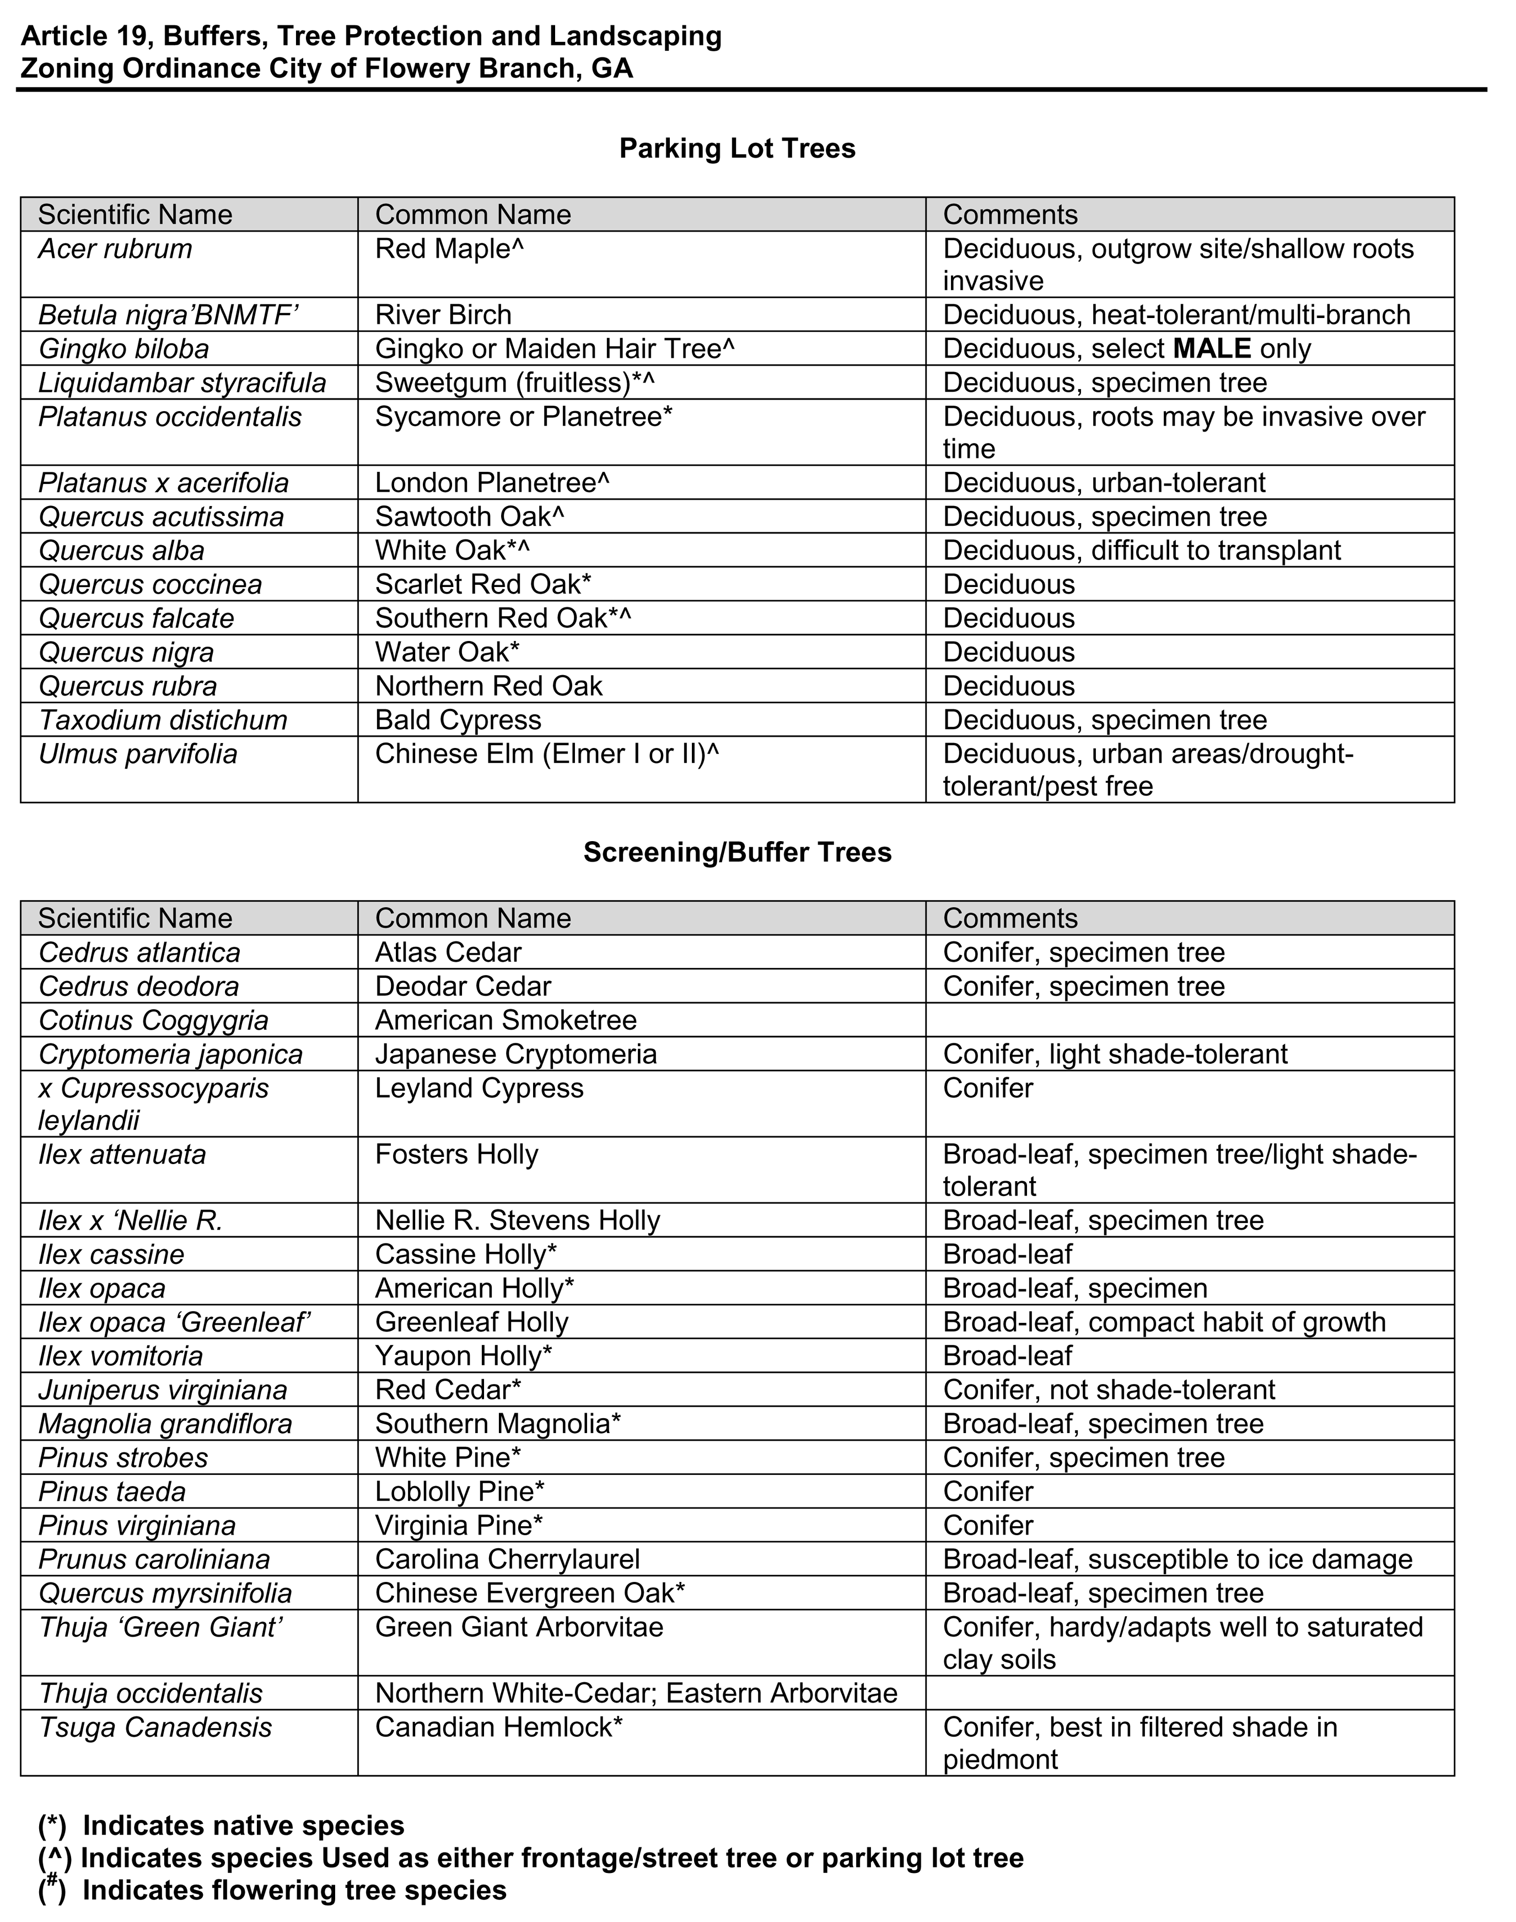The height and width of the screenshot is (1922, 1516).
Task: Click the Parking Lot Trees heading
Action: tap(737, 148)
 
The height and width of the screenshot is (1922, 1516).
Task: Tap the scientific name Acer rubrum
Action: tap(115, 249)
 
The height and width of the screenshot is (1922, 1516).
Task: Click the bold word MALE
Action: tap(1212, 349)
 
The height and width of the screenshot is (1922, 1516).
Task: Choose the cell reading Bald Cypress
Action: tap(458, 720)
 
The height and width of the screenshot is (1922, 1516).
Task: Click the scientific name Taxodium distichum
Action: tap(163, 720)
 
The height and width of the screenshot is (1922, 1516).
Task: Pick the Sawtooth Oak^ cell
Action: tap(470, 516)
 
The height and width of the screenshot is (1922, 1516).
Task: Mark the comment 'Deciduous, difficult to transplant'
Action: tap(1142, 550)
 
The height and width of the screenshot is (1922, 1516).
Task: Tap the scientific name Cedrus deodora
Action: tap(139, 986)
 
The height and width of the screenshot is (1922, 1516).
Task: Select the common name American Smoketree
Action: tap(506, 1020)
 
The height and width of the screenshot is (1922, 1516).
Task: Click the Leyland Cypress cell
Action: tap(479, 1088)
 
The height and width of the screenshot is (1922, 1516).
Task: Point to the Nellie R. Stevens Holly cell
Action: tap(518, 1220)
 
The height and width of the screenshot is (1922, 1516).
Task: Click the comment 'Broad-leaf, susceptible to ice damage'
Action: tap(1177, 1559)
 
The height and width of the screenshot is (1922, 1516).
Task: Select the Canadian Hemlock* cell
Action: tap(499, 1727)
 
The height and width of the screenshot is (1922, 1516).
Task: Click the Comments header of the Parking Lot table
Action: tap(1010, 215)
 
